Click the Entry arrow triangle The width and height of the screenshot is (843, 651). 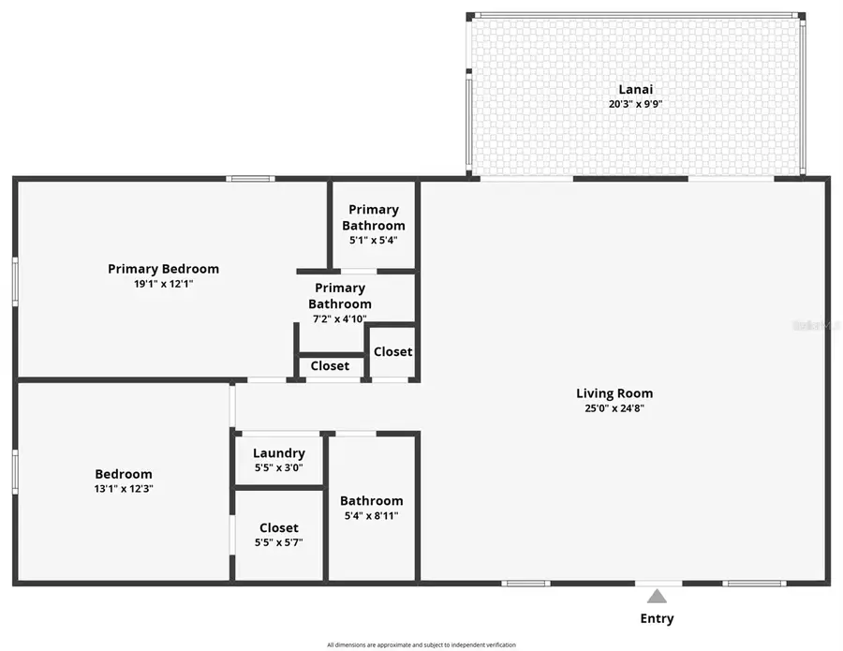click(658, 596)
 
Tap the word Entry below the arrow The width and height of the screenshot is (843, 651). click(657, 618)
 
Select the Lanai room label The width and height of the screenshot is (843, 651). click(635, 90)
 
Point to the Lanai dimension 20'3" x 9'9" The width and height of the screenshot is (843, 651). click(635, 105)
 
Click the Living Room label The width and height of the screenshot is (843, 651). click(614, 393)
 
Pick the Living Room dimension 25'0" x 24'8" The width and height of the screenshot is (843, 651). click(614, 408)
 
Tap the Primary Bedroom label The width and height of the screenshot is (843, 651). click(163, 269)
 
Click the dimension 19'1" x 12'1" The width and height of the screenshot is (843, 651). click(163, 283)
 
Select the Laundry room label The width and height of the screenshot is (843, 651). click(278, 453)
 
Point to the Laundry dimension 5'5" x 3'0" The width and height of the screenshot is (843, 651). click(278, 467)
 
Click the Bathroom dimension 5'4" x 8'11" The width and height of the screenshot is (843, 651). click(371, 515)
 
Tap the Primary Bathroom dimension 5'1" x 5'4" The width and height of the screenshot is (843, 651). click(374, 240)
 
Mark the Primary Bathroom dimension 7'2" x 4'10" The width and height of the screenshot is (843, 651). click(339, 318)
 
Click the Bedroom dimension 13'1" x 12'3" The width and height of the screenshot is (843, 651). click(123, 488)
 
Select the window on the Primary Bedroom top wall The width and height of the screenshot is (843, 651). click(250, 179)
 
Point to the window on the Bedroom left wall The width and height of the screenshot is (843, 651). click(15, 471)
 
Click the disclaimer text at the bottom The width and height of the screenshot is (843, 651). click(421, 644)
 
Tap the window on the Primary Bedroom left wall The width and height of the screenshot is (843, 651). click(15, 281)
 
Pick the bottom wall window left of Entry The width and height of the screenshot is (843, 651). click(525, 584)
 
